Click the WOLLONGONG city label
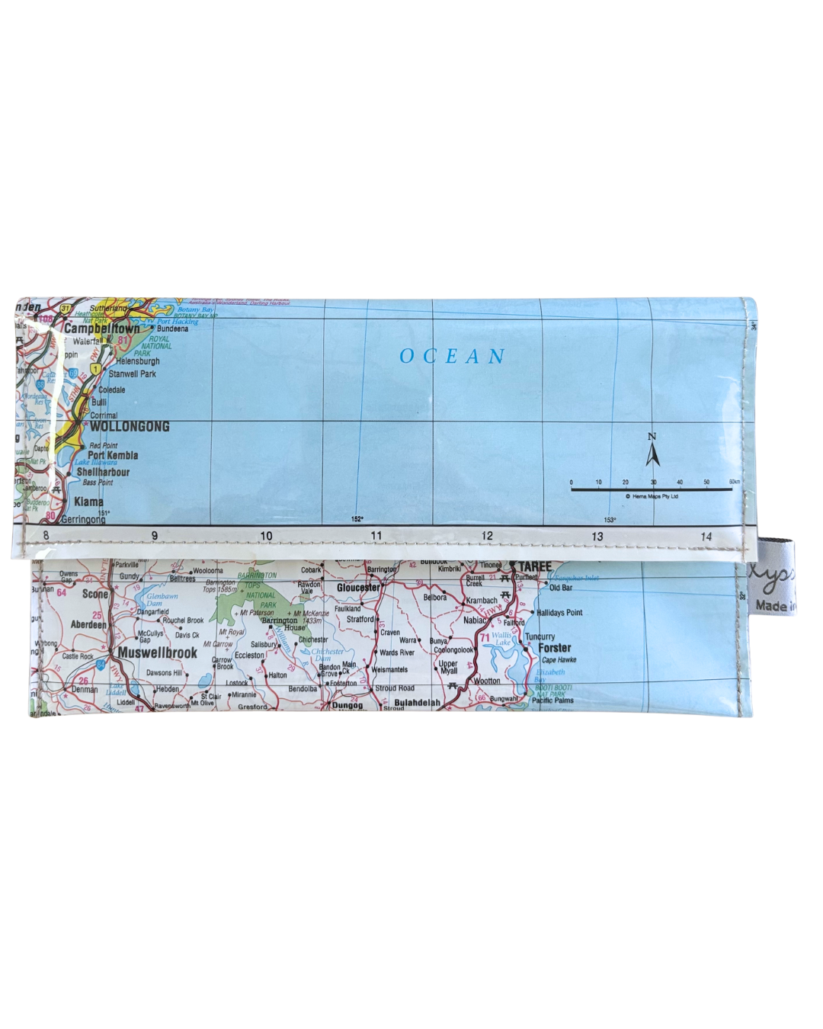[130, 427]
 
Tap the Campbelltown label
[102, 329]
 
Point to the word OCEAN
[453, 357]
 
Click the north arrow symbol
[652, 451]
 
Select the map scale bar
[652, 489]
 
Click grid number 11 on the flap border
[376, 536]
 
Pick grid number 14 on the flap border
[706, 537]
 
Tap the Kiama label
[88, 502]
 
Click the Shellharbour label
[103, 472]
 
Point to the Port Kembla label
[113, 455]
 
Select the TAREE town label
[534, 566]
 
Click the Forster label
[554, 648]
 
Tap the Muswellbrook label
[157, 653]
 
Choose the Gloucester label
[358, 588]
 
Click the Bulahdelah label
[417, 703]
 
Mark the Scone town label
[95, 594]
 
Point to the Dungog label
[347, 705]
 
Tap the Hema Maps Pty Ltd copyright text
[652, 496]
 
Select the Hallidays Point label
[559, 612]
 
